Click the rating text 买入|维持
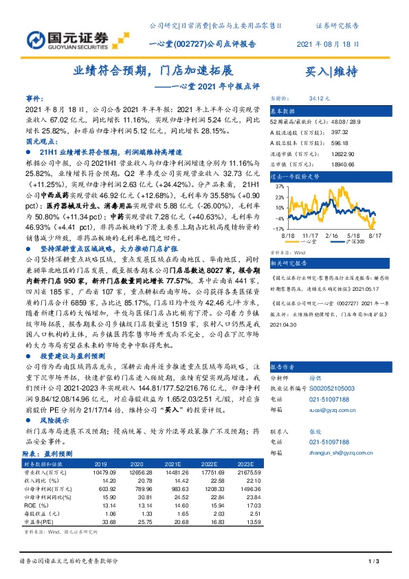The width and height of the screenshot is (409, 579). click(x=330, y=72)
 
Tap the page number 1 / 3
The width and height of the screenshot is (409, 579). click(x=373, y=562)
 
